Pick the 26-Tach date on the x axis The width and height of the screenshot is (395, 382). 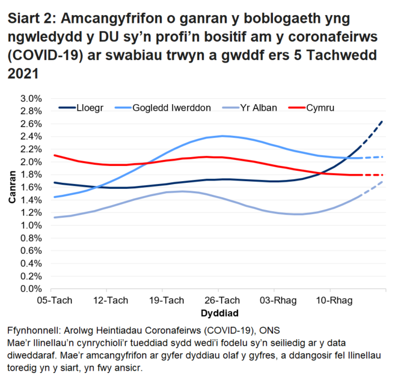click(220, 300)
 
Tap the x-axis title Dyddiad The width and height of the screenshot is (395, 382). click(219, 313)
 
